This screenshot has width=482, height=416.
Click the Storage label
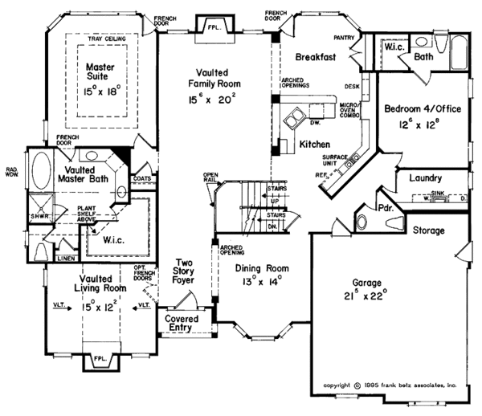[430, 230]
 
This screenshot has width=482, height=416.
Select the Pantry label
[344, 38]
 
